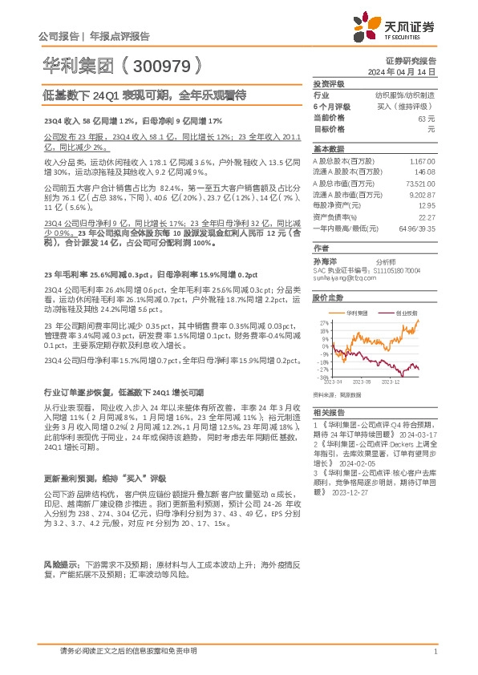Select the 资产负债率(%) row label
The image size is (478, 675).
coord(334,217)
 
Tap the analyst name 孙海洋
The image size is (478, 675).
coord(323,261)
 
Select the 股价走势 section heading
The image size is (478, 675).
coord(324,298)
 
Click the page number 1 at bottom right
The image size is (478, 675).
coord(434,651)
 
